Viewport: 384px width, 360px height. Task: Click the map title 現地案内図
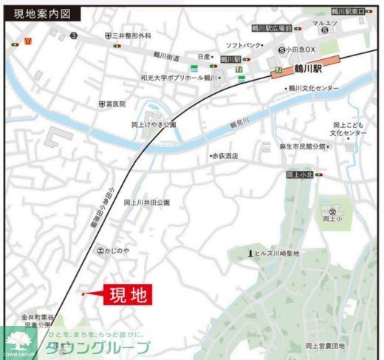coord(43,13)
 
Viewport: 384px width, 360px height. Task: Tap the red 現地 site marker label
coord(128,295)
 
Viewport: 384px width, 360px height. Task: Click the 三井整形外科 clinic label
coord(131,35)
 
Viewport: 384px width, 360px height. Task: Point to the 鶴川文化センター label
coord(314,89)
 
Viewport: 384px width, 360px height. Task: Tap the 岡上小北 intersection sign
coord(300,175)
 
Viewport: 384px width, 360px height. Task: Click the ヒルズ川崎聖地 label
coord(276,254)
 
